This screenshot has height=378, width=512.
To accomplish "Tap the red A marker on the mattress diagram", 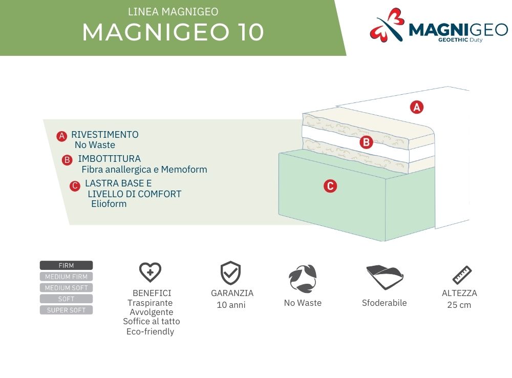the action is [417, 107].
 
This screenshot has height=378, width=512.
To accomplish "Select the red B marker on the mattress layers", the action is [366, 142].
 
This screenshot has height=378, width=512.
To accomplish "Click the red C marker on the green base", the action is [330, 186].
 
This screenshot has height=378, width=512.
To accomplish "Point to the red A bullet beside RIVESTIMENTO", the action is [62, 136].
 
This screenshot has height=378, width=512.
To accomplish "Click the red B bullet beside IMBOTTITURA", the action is [67, 160].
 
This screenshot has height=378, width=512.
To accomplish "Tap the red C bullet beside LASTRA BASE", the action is [75, 186].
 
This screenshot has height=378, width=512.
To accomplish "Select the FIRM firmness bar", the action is [66, 265].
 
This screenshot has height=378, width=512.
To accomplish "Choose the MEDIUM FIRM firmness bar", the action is [66, 277].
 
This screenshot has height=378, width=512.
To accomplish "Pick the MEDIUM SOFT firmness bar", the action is [66, 287].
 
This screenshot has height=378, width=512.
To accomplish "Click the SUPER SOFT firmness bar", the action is [66, 310].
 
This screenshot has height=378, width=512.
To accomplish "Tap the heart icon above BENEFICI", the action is [150, 272].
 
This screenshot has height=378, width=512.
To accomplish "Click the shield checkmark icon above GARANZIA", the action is [230, 273].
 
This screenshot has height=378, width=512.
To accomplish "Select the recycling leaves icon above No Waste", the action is [303, 278].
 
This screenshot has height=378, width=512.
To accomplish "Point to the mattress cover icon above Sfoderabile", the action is [385, 277].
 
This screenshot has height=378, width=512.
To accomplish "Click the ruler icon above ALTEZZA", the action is [462, 275].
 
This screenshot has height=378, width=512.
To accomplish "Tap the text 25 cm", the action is [459, 305].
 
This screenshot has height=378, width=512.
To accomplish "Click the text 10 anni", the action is [231, 305].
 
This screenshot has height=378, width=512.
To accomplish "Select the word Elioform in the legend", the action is [109, 204].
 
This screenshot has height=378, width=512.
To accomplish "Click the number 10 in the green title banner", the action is [251, 32].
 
